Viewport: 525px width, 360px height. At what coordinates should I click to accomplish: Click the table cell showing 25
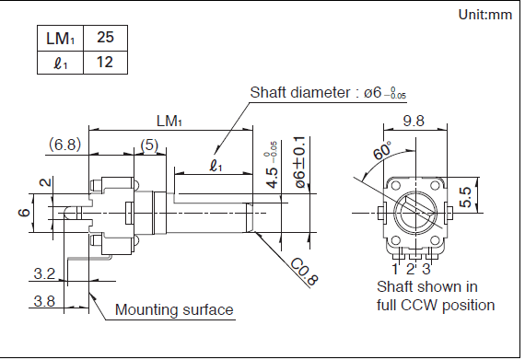pos(105,38)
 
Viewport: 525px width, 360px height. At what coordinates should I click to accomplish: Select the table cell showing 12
pos(105,63)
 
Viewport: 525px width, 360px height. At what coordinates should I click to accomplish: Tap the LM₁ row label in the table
pos(60,38)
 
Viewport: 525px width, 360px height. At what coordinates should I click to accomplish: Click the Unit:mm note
pos(485,15)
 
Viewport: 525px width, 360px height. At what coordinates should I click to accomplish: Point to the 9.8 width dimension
pos(414,121)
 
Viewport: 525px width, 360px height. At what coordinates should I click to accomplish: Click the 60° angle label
pos(382,151)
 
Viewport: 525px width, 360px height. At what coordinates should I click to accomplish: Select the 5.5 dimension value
pos(466,197)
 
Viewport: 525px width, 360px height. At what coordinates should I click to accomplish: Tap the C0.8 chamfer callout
pos(304,272)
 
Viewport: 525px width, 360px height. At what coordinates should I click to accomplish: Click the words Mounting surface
pos(174,309)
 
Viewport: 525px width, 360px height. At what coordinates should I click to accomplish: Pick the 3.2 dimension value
pos(44,273)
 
